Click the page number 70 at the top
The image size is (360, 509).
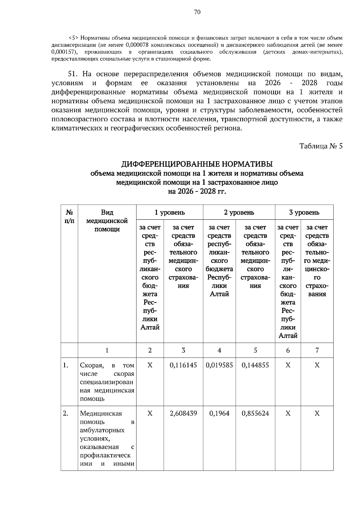pyautogui.click(x=197, y=12)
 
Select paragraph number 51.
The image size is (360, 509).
pyautogui.click(x=73, y=74)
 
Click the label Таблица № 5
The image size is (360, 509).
pyautogui.click(x=321, y=146)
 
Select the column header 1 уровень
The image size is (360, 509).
pyautogui.click(x=169, y=213)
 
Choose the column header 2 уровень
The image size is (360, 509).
pyautogui.click(x=239, y=213)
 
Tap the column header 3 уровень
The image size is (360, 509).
pyautogui.click(x=304, y=213)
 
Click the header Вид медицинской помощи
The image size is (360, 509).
pyautogui.click(x=107, y=221)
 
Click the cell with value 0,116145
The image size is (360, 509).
pyautogui.click(x=183, y=365)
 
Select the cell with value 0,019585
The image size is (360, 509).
pyautogui.click(x=219, y=365)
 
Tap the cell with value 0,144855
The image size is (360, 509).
pyautogui.click(x=255, y=365)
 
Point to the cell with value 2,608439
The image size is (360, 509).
pyautogui.click(x=183, y=413)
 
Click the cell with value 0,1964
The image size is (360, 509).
pyautogui.click(x=219, y=413)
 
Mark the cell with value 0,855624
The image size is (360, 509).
pyautogui.click(x=255, y=413)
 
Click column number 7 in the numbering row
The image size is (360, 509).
pyautogui.click(x=317, y=350)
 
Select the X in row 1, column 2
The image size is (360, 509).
pyautogui.click(x=150, y=365)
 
